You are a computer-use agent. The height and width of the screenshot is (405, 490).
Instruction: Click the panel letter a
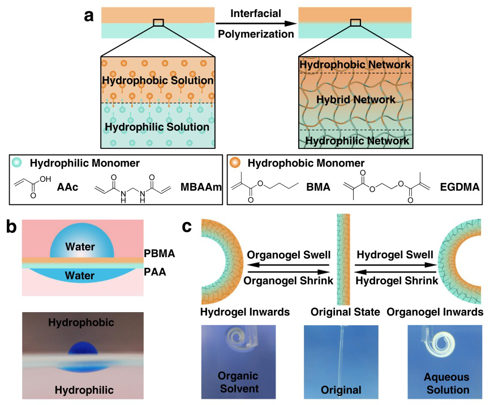point(89,15)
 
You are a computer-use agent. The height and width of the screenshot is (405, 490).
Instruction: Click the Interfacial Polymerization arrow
point(256,23)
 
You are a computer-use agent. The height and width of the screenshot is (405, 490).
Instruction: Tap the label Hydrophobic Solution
point(157,82)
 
